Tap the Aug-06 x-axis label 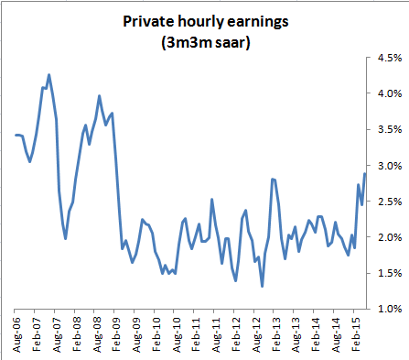click(x=16, y=332)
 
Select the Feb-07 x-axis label click(x=37, y=332)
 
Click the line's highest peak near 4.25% click(x=48, y=75)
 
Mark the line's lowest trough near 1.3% click(x=263, y=287)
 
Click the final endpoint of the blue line click(x=366, y=173)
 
